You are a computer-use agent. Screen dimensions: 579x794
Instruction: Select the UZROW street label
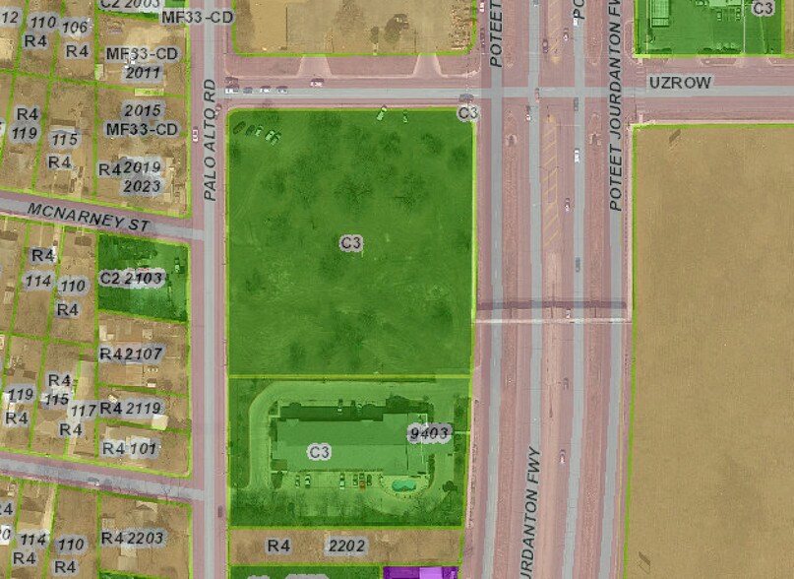click(x=679, y=83)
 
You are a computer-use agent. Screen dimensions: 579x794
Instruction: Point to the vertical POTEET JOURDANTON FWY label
click(x=616, y=103)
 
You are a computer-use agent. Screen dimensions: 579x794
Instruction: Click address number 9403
click(x=429, y=433)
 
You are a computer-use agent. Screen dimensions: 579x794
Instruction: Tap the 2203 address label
click(x=146, y=538)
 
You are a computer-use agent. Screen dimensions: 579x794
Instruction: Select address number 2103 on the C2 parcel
click(x=145, y=278)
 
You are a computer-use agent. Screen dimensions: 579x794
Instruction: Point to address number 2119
click(x=144, y=408)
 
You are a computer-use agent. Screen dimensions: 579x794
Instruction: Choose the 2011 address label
click(x=144, y=73)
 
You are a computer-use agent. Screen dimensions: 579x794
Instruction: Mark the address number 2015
click(x=144, y=110)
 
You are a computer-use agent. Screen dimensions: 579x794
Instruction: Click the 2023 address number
click(x=144, y=186)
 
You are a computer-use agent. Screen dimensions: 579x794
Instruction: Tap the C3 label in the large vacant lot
click(x=351, y=242)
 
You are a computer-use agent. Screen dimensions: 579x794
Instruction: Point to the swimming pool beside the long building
click(x=402, y=484)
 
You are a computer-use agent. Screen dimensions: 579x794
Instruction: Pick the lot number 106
click(x=75, y=27)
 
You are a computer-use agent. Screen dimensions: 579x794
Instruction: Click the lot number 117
click(x=86, y=410)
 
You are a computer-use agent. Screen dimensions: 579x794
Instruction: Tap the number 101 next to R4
click(x=144, y=449)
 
